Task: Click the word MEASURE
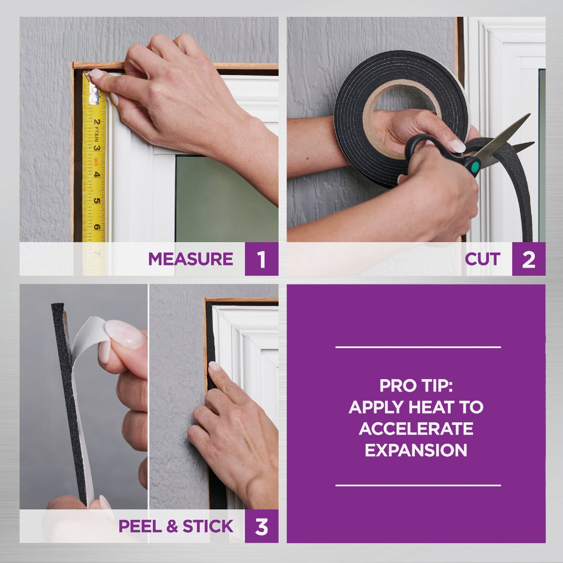[x=190, y=259]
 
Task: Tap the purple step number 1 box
[x=261, y=259]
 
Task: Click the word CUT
[x=482, y=259]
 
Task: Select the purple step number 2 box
[x=529, y=259]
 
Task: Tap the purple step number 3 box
[x=261, y=526]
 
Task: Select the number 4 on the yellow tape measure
[x=96, y=175]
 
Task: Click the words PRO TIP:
[x=416, y=386]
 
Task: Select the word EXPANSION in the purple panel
[x=416, y=450]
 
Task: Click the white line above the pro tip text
[x=418, y=347]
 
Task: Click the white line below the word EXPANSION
[x=418, y=485]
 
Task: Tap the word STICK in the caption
[x=207, y=526]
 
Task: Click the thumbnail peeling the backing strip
[x=123, y=334]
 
